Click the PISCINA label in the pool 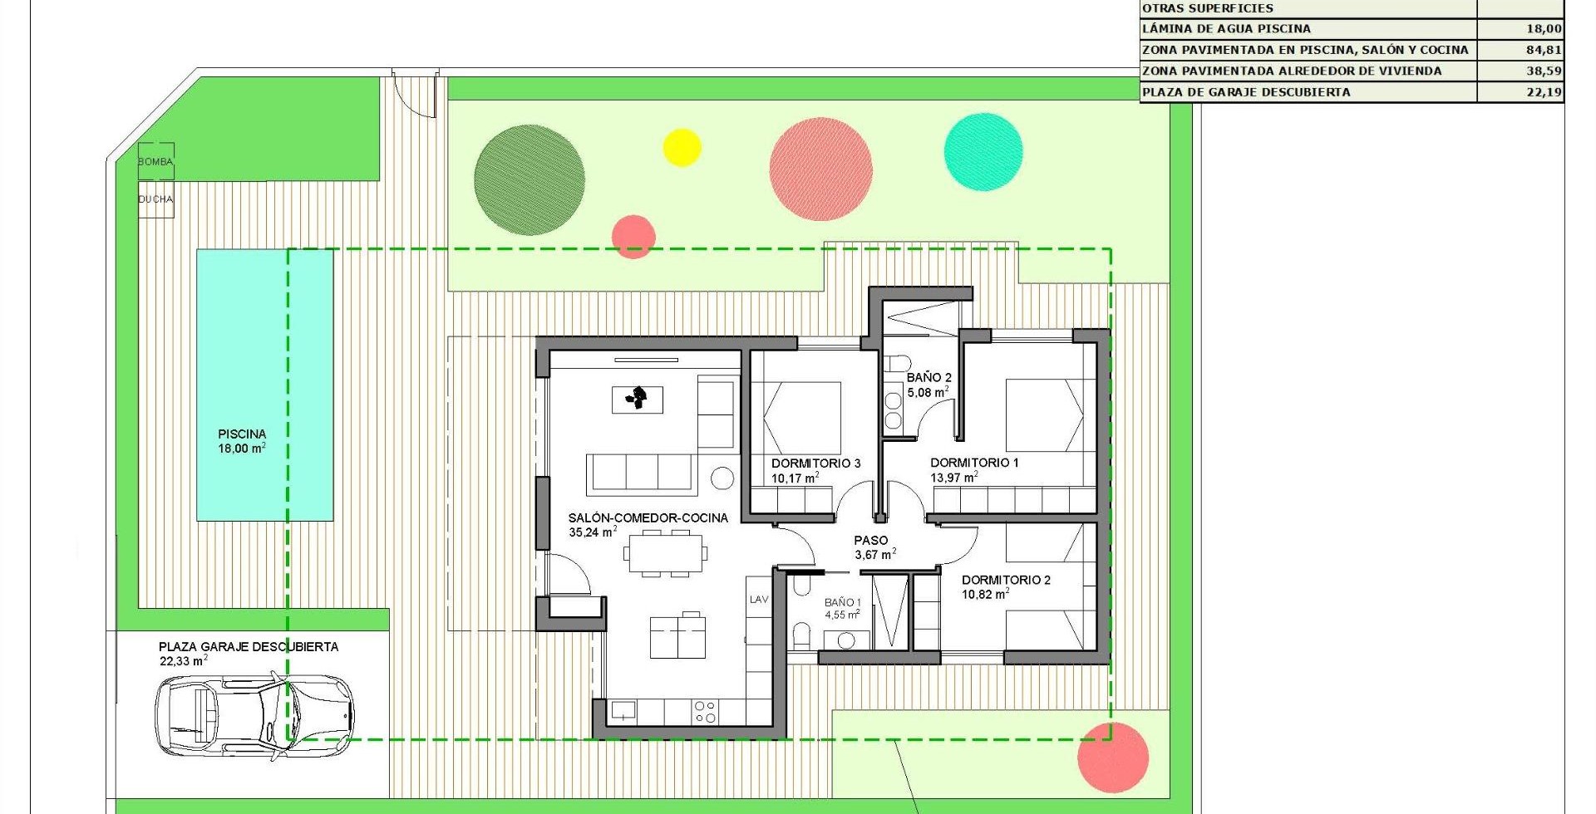[x=242, y=434]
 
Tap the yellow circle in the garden [x=682, y=148]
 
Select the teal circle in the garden [x=983, y=152]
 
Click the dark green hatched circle [x=530, y=180]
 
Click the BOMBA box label [x=155, y=162]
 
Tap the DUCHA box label [x=155, y=199]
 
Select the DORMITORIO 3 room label [x=815, y=463]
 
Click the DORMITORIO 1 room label [x=974, y=463]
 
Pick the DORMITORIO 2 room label [x=1006, y=580]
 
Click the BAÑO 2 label [x=929, y=377]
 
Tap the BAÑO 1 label [x=843, y=602]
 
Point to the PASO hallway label [x=871, y=540]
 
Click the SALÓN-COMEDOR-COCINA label [x=648, y=517]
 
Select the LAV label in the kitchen [x=759, y=599]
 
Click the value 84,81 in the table [x=1544, y=50]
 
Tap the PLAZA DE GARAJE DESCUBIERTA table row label [x=1246, y=92]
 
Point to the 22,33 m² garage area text [x=184, y=661]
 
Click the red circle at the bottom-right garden [x=1113, y=758]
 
